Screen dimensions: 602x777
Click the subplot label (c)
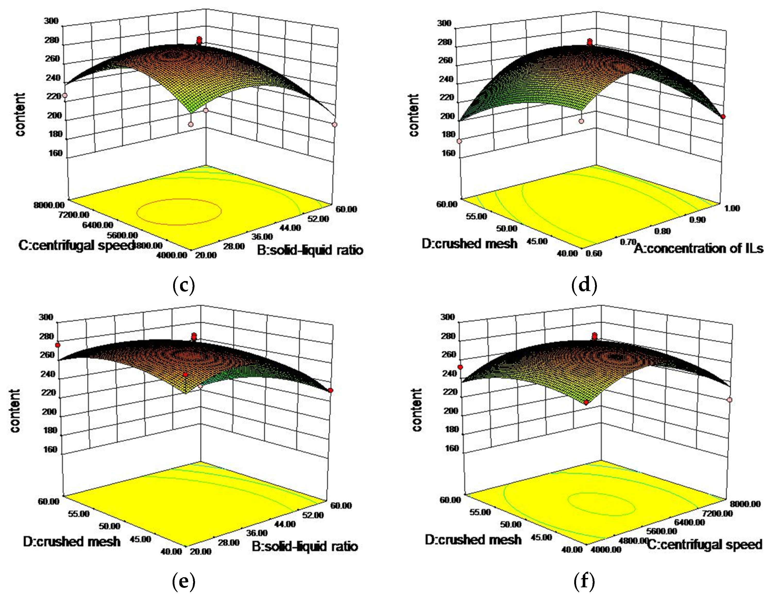[184, 285]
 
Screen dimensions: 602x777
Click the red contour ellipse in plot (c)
[179, 211]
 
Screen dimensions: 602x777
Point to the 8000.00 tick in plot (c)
[49, 205]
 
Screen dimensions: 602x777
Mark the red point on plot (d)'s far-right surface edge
[723, 117]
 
